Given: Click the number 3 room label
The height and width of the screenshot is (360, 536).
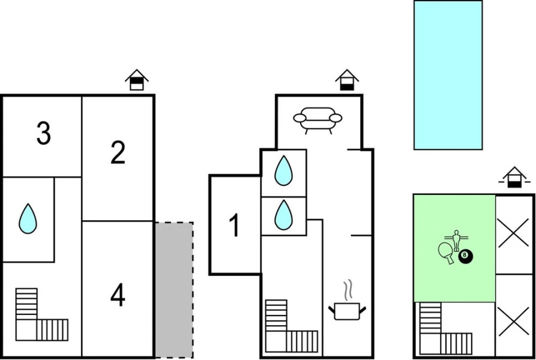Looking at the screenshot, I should click(x=43, y=134).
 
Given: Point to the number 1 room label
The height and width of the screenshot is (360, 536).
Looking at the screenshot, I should click(x=235, y=226).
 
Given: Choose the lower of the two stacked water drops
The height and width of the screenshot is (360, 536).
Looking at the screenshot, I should click(x=283, y=214).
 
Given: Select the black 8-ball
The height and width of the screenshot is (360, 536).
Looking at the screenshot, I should click(x=466, y=257).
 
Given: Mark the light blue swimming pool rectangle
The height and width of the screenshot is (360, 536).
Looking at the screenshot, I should click(x=448, y=75).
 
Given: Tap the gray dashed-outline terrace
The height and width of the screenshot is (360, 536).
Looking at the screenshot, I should click(x=174, y=290).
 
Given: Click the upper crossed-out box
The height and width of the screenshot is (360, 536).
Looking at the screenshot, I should click(x=514, y=235).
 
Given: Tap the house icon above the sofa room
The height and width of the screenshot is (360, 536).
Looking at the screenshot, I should click(x=346, y=80).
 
